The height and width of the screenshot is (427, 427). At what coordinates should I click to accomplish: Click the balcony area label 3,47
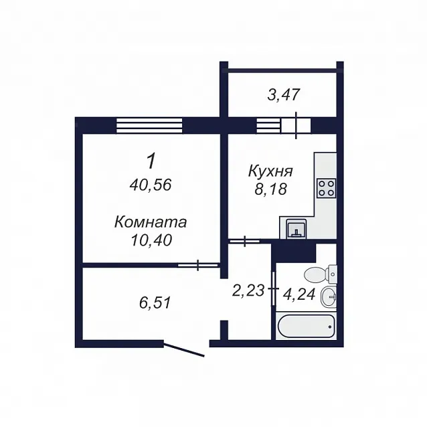pos(284,95)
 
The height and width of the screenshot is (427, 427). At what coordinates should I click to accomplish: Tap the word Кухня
pos(270,171)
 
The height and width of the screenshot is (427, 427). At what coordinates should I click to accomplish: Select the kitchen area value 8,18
pos(270,189)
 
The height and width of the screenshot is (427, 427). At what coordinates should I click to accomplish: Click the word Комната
pos(151,222)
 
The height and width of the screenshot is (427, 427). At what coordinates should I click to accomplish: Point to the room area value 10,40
pos(151,240)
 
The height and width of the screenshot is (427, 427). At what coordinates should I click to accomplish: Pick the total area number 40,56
pos(151,185)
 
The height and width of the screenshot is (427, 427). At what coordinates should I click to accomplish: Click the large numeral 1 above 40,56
pos(151,161)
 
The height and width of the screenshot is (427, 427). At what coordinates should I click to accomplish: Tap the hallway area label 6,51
pos(155,303)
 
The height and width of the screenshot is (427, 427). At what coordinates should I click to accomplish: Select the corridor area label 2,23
pos(248,290)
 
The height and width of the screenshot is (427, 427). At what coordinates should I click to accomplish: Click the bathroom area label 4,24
pos(299,294)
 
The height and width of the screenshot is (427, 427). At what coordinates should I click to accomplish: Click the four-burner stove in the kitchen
pos(326,188)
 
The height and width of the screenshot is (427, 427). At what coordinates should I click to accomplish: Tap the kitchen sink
pos(296,229)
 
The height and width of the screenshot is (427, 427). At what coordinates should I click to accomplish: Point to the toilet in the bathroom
pos(320,274)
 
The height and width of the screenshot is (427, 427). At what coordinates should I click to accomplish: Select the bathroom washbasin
pos(329,296)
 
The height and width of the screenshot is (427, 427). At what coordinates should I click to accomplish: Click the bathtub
pos(306,326)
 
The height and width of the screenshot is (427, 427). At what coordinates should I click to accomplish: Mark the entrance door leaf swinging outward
pos(184,350)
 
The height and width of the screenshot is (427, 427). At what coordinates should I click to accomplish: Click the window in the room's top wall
pos(149,125)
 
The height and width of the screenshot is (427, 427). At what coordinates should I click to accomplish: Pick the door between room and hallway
pos(198,264)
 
